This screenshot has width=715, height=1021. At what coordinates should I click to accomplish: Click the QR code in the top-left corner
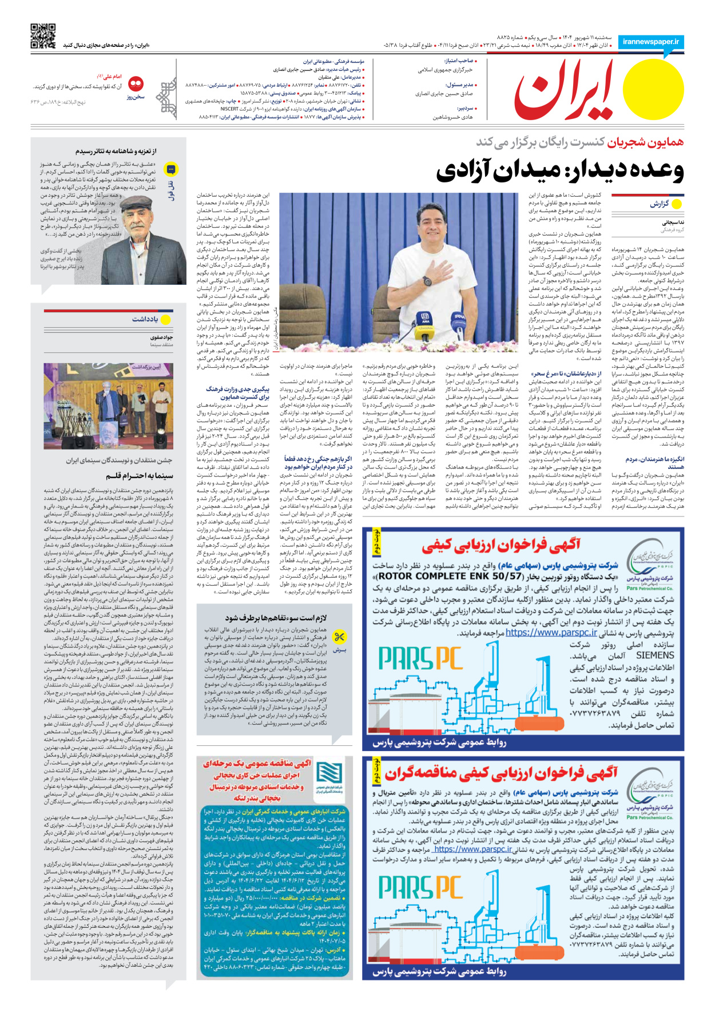pos(43,35)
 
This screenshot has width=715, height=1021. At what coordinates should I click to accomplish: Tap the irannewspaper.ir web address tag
pos(651,42)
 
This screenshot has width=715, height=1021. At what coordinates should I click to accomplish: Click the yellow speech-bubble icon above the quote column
pos(170,169)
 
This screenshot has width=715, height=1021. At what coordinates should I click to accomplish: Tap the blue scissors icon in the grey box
pos(339,637)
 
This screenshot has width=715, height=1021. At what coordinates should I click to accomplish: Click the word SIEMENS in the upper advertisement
pos(655,655)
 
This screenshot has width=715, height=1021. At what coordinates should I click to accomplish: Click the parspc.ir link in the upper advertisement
pos(551,633)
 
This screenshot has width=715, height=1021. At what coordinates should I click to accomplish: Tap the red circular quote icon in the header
pos(136,84)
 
